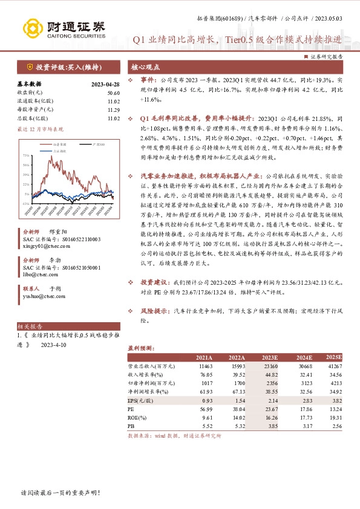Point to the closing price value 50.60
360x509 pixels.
coord(114,92)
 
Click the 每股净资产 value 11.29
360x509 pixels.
coord(114,109)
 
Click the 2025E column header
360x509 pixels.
coord(334,358)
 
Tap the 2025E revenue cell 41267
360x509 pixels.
coord(335,367)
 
